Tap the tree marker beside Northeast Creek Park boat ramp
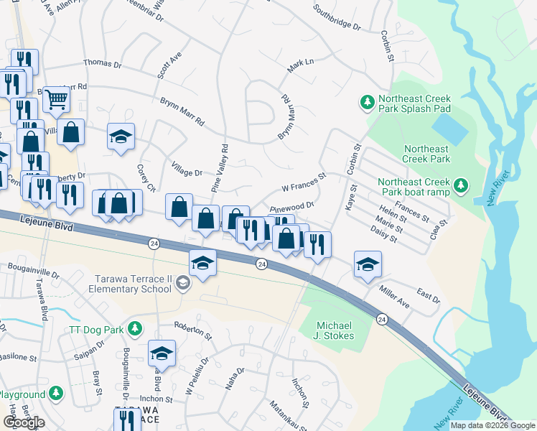(x=459, y=187)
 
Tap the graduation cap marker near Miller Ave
(x=368, y=264)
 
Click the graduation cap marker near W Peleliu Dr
(x=162, y=353)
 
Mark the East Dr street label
(x=428, y=297)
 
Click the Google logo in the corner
(x=24, y=422)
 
